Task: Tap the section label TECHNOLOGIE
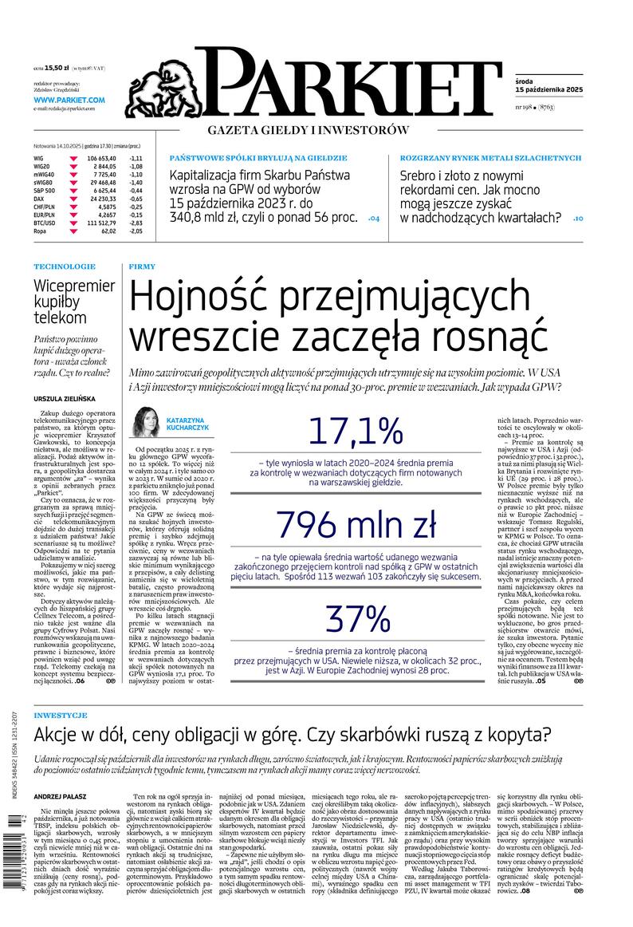point(65,266)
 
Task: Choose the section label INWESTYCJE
point(61,715)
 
